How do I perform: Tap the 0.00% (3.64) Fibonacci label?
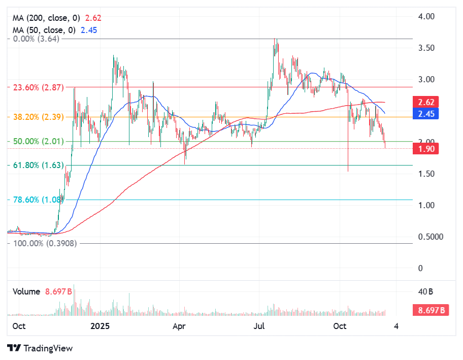(x=36, y=39)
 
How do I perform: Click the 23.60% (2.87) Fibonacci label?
(x=38, y=87)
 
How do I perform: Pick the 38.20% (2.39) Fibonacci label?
(x=38, y=117)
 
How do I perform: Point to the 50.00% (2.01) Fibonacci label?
(x=38, y=141)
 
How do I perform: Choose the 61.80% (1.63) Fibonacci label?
(x=38, y=165)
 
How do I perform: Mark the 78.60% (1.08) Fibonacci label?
(x=38, y=200)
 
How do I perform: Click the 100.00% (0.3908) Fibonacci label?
(x=45, y=243)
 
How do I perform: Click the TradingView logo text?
(x=48, y=348)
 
